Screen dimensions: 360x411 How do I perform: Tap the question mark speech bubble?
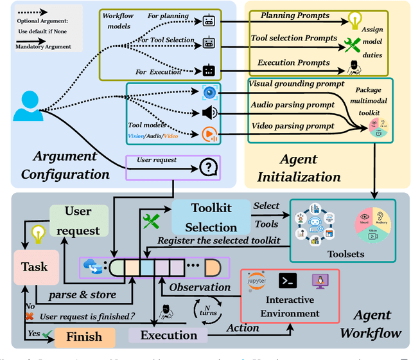(x=207, y=167)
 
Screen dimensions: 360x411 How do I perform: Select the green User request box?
(x=78, y=221)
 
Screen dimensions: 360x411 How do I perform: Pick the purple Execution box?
(x=168, y=335)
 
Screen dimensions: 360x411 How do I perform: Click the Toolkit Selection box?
(x=211, y=217)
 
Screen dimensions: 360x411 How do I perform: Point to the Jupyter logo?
(x=257, y=282)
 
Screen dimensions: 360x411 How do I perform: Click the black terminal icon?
(x=286, y=280)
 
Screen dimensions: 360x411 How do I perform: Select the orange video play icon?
(x=209, y=134)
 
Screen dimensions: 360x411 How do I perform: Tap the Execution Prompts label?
(x=293, y=62)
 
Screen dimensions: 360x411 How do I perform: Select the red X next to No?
(x=28, y=317)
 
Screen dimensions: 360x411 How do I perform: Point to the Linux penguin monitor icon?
(x=317, y=281)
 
